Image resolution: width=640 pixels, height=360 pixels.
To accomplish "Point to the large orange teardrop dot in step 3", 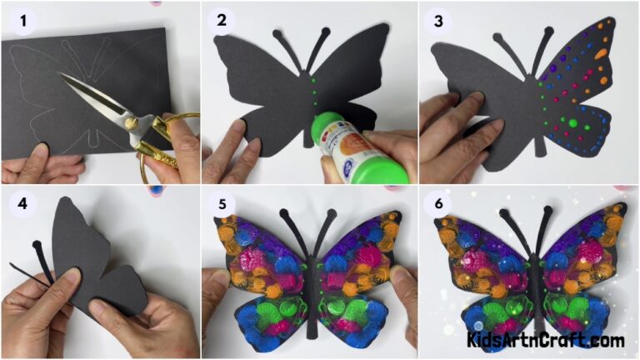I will click(x=602, y=53).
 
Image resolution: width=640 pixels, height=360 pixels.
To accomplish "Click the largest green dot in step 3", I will click(x=572, y=123).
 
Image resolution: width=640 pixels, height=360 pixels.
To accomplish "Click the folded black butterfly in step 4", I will click(x=92, y=258).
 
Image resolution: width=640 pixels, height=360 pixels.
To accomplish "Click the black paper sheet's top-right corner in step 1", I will click(x=164, y=31).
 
